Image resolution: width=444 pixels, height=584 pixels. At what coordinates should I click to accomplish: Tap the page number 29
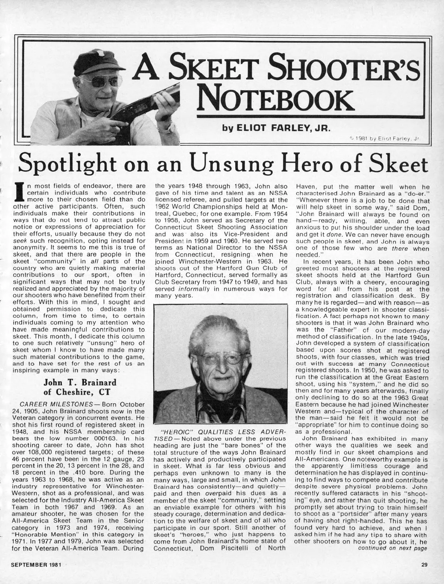click(424, 575)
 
